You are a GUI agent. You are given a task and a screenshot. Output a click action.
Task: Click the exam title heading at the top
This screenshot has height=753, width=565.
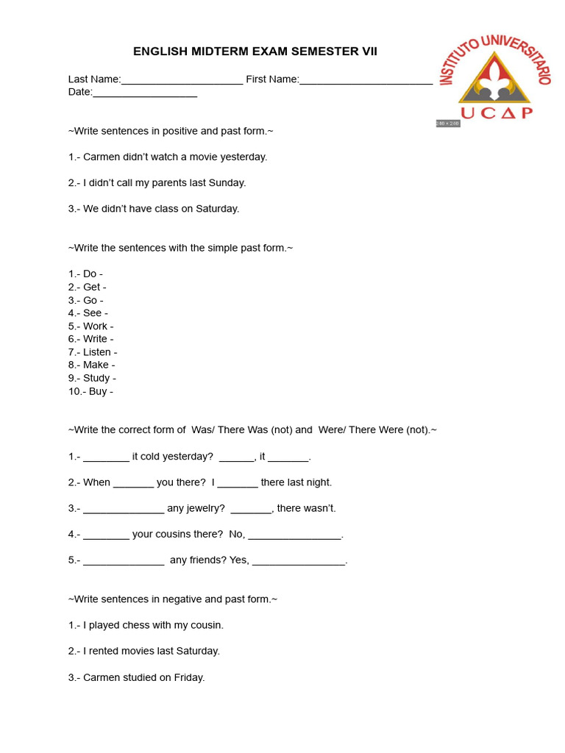(255, 51)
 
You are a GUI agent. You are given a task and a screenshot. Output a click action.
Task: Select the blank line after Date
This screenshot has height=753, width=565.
(145, 93)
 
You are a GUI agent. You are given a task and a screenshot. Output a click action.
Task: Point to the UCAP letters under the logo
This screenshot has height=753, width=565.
(497, 113)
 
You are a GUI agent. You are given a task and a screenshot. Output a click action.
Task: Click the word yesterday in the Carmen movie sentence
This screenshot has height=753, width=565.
(244, 157)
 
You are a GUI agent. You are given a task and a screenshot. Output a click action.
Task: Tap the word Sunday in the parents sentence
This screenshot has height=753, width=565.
(227, 182)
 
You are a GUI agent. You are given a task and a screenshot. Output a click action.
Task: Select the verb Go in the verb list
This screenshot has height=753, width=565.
(90, 300)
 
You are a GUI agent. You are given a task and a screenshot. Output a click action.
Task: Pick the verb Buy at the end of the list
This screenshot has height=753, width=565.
(98, 391)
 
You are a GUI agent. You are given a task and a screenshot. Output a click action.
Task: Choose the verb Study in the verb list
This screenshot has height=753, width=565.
(96, 378)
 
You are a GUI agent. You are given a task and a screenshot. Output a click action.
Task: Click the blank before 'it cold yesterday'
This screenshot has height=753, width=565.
(106, 457)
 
